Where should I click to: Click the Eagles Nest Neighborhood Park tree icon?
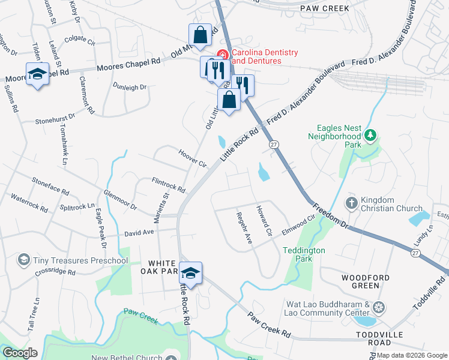click(x=372, y=136)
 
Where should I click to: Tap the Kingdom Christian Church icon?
click(x=352, y=203)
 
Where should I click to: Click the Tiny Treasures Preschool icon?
click(x=24, y=260)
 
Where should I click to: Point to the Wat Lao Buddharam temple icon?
click(x=379, y=308)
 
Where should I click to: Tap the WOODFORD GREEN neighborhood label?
click(x=366, y=282)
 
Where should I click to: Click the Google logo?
click(x=20, y=353)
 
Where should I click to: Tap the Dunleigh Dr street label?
click(x=130, y=86)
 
